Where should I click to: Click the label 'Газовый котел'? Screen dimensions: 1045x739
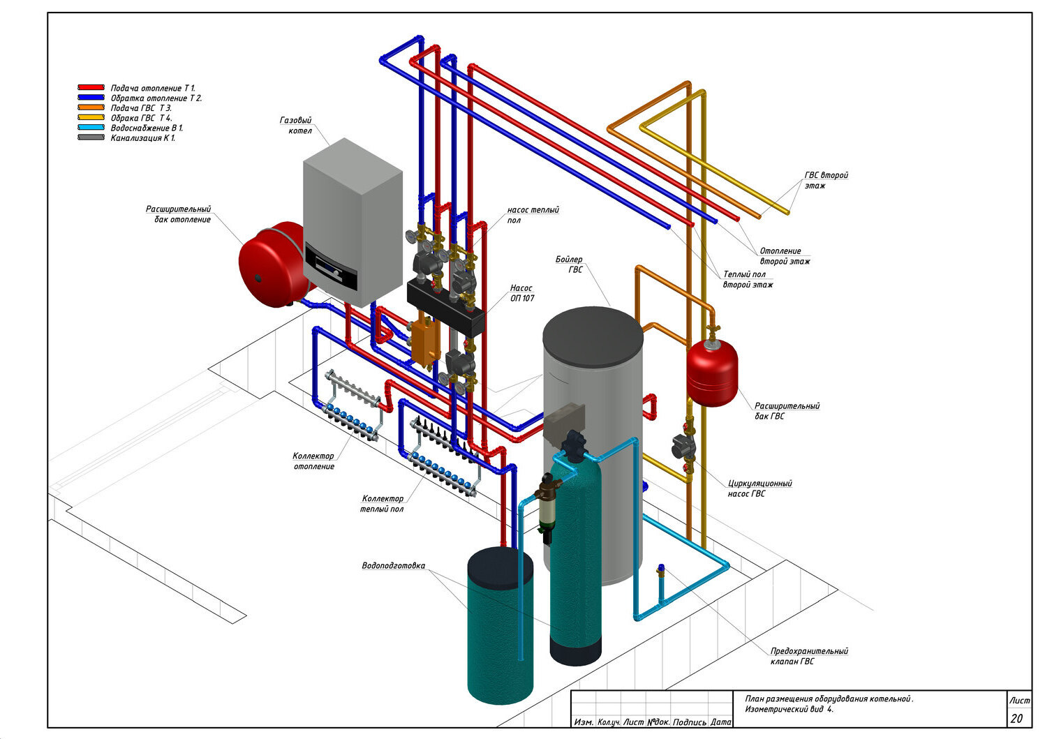(296, 126)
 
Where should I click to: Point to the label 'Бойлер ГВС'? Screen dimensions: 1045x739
(569, 264)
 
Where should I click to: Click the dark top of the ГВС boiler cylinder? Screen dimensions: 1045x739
(593, 336)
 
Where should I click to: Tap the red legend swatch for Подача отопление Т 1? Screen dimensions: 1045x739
(91, 87)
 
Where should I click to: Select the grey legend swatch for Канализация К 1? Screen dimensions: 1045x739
(91, 137)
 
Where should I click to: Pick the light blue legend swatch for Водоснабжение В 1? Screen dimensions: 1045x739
(91, 127)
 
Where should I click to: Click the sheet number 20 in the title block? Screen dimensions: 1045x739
(1016, 719)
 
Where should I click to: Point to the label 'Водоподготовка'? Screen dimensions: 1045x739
(393, 565)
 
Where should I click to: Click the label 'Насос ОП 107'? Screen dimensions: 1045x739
(522, 293)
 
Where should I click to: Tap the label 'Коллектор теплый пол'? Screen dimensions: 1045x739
(382, 504)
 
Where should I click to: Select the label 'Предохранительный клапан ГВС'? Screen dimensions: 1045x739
(809, 656)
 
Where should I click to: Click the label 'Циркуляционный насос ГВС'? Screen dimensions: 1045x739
(759, 488)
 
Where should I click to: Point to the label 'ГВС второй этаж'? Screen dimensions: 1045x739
(826, 181)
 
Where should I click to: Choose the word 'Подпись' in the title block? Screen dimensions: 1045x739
(690, 722)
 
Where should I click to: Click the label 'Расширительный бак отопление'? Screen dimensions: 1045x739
(179, 214)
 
